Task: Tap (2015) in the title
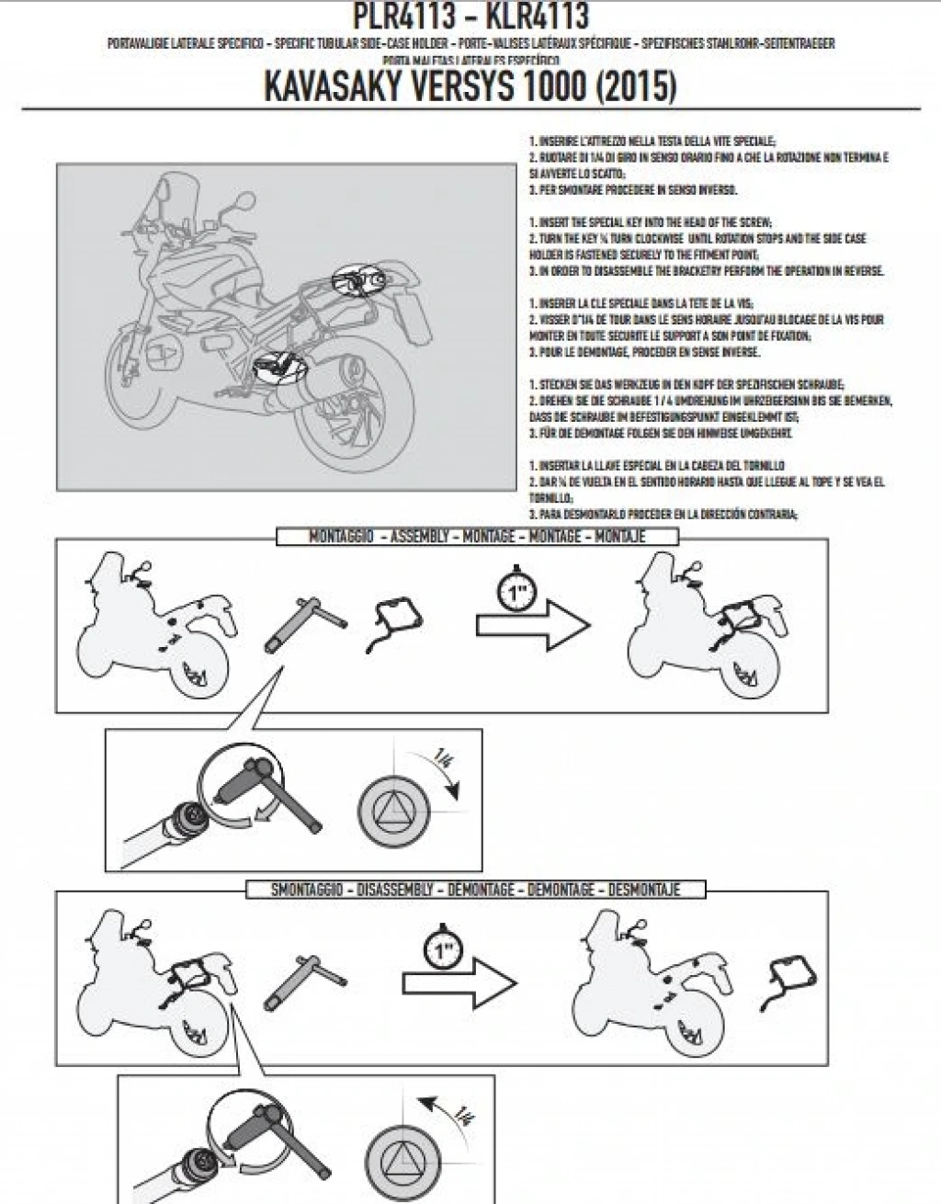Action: click(634, 86)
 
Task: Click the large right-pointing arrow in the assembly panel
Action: click(534, 626)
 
